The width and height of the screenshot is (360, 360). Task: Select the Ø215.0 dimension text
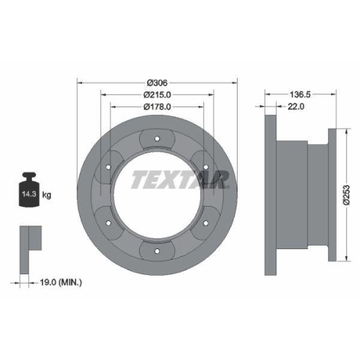(x=156, y=95)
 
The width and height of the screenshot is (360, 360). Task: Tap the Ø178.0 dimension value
(x=156, y=107)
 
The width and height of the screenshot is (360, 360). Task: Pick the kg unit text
(x=46, y=194)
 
